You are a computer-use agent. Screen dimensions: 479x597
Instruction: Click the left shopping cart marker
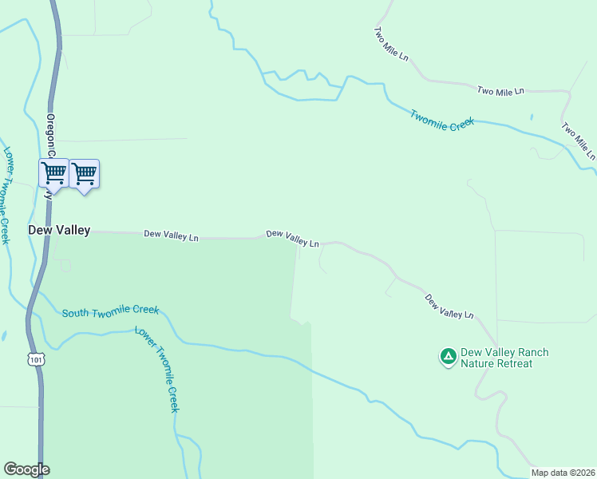point(53,172)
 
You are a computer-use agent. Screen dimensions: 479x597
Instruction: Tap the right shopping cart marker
point(85,172)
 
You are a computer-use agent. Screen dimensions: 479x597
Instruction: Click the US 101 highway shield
point(36,360)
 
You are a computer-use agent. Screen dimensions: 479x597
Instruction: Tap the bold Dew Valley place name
point(59,230)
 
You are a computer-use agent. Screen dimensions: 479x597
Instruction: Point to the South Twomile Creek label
point(110,311)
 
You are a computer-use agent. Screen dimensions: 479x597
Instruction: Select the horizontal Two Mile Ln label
point(500,91)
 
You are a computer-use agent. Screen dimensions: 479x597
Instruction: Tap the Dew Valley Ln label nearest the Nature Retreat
point(449,307)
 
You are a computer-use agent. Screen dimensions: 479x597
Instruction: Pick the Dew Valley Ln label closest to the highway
point(171,236)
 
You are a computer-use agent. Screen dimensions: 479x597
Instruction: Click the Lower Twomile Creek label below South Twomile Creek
point(156,369)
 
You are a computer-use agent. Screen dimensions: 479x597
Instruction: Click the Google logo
point(26,469)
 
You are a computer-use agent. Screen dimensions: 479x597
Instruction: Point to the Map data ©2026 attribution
point(563,473)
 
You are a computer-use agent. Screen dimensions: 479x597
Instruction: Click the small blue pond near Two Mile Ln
point(532,117)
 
